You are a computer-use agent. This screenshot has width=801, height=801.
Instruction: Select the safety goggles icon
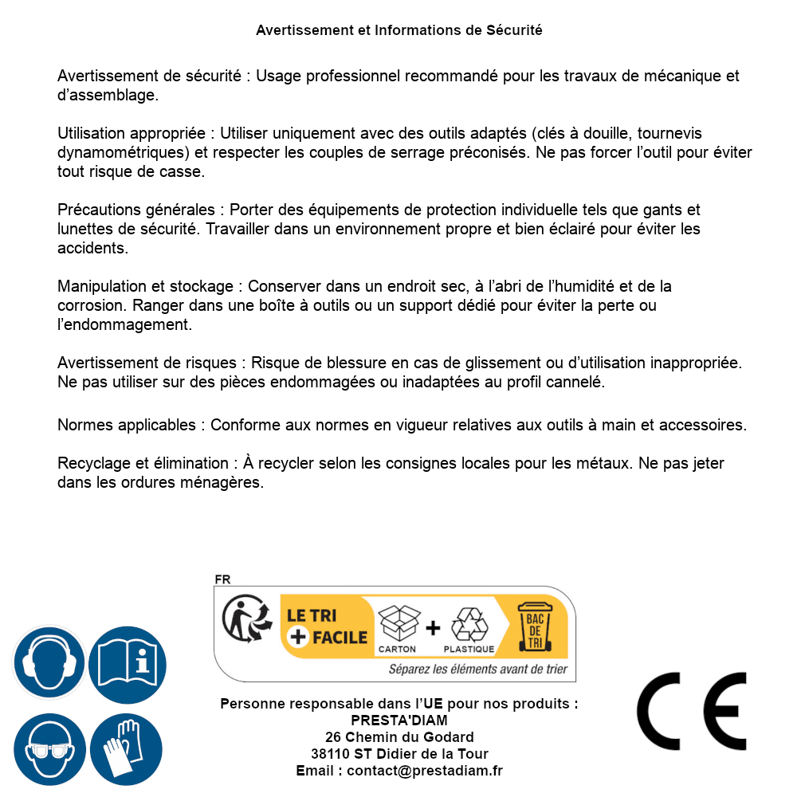(x=49, y=750)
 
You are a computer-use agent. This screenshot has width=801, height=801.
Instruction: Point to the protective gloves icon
(x=127, y=750)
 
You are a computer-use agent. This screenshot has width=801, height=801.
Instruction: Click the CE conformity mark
(x=691, y=712)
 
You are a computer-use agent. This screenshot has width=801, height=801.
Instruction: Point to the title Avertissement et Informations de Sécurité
(x=399, y=30)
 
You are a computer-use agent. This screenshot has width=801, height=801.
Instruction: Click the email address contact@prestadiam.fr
(x=425, y=771)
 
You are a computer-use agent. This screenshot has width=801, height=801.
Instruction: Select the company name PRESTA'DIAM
(x=399, y=721)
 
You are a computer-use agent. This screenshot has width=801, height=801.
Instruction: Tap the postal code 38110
(x=331, y=754)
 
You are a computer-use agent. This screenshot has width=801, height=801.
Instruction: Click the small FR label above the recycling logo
(x=222, y=579)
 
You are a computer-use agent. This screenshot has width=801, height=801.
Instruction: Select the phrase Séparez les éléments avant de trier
(x=477, y=669)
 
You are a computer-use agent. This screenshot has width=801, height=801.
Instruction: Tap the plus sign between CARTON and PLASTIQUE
(x=433, y=627)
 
